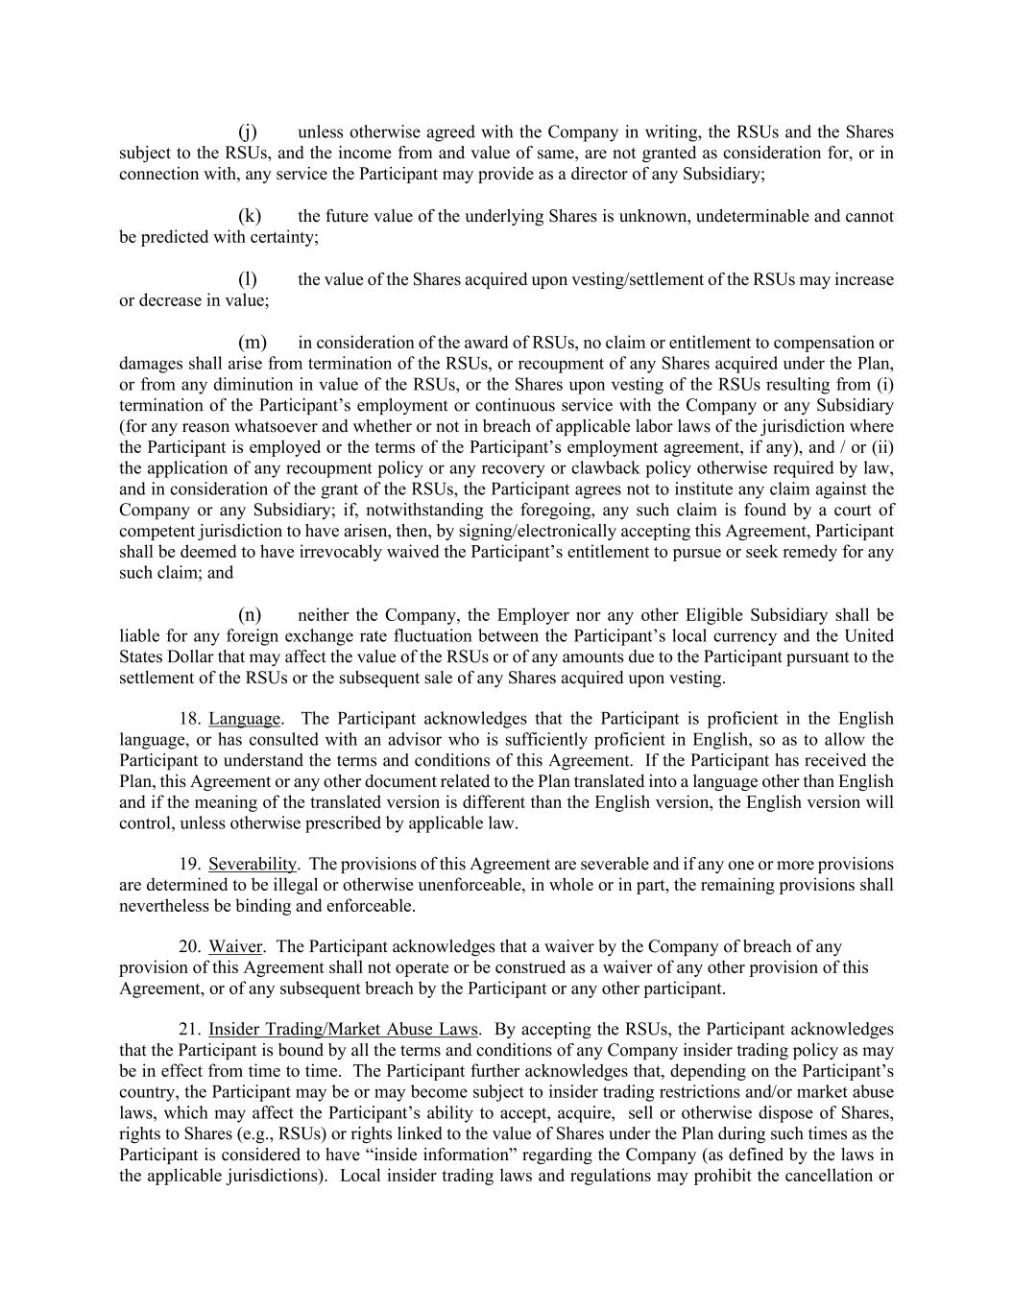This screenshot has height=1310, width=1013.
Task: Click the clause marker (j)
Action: (248, 132)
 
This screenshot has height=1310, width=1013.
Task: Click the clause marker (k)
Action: (250, 216)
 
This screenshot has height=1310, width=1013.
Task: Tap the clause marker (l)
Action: (248, 279)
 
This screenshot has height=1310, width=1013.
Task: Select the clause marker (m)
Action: (252, 343)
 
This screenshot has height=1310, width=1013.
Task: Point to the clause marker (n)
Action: (250, 615)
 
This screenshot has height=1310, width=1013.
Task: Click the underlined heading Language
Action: (245, 719)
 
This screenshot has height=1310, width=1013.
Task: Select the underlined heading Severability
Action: (253, 865)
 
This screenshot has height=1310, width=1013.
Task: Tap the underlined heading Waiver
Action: (235, 947)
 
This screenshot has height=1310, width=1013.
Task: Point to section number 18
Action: (189, 719)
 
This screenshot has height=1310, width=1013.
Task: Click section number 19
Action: (189, 865)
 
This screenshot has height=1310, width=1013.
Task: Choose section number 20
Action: (189, 947)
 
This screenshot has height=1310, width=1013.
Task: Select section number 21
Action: (189, 1030)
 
